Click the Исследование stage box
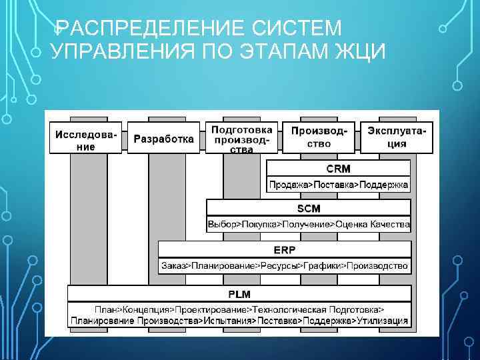86,139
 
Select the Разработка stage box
163,139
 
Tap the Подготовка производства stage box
241,138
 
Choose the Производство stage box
319,138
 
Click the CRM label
338,169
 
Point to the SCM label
308,209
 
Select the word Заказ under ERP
173,265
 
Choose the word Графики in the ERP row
322,265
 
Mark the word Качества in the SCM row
390,225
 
